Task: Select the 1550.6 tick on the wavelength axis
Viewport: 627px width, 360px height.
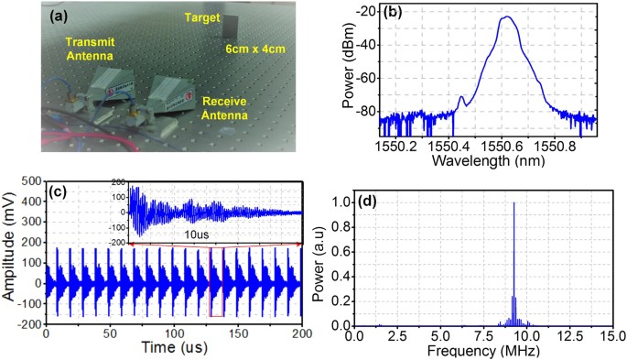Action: (x=505, y=145)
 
